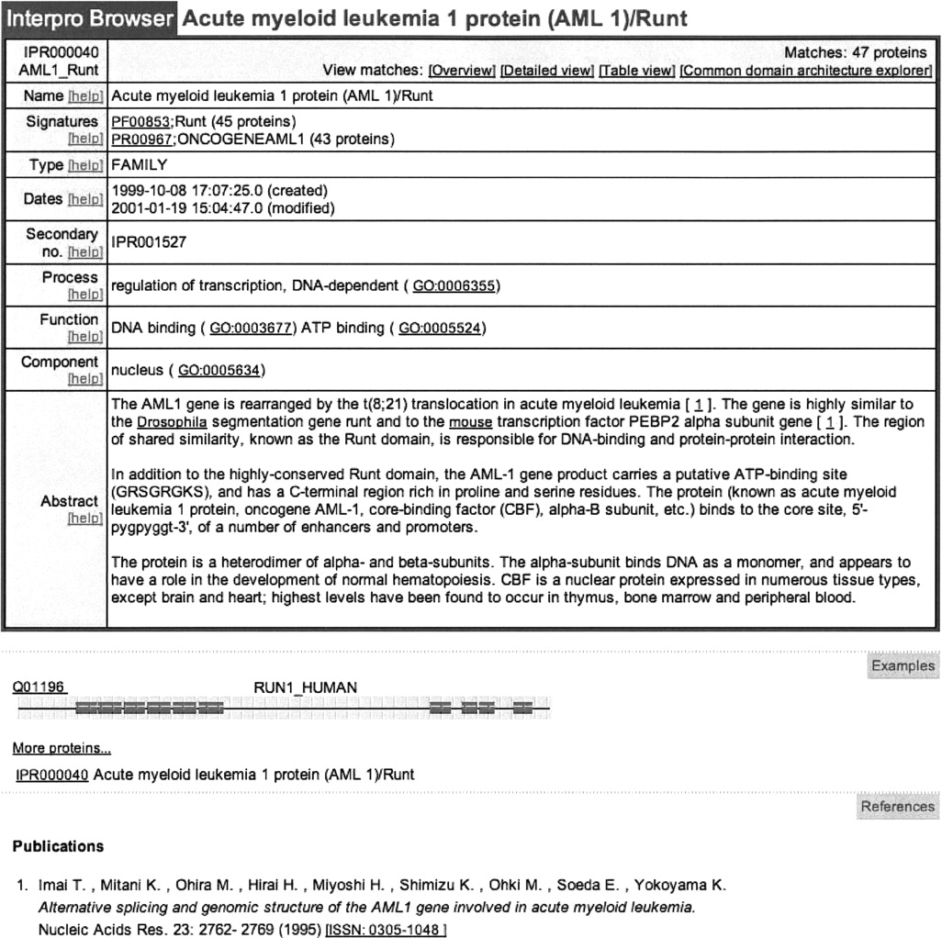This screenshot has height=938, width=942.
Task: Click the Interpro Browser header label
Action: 90,19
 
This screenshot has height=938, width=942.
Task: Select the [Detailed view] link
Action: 546,71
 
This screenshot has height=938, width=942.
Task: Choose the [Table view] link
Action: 636,71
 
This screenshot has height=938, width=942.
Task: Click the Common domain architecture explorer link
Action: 805,71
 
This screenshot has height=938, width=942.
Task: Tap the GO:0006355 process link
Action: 454,286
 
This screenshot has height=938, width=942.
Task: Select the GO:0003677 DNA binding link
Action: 251,328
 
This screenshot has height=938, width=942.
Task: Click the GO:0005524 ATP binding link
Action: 439,328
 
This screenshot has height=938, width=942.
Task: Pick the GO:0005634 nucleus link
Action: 219,371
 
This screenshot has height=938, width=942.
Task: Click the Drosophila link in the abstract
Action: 172,422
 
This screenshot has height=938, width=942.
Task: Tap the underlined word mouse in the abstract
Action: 470,422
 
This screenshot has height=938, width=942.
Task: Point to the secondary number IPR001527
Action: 148,243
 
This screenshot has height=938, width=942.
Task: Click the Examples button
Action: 903,666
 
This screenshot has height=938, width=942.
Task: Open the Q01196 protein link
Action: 39,687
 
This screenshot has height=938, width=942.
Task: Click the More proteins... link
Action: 62,749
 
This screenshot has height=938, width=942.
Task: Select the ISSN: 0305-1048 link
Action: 387,930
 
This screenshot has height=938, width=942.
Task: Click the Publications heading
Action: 58,846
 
